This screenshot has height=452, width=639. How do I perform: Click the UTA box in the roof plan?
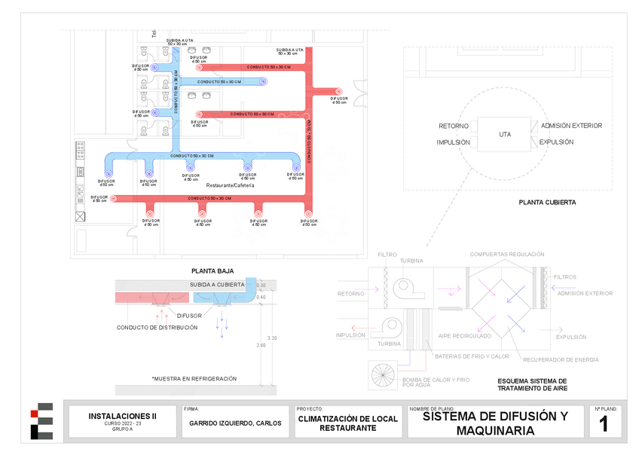coord(505,134)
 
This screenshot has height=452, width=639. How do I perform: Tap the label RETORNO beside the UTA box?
coord(454,126)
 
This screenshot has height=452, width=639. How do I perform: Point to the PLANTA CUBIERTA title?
coord(547,203)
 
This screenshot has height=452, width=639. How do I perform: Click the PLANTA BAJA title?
coord(212,270)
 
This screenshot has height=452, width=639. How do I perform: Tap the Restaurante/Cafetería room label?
coord(230,185)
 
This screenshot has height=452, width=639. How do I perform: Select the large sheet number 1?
coord(604,424)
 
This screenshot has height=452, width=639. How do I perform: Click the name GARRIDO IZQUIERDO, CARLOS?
coord(234,423)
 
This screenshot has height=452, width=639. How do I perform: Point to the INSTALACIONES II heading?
coord(123,415)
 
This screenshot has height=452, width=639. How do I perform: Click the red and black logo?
coord(41,422)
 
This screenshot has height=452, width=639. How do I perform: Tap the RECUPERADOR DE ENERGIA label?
coord(561,359)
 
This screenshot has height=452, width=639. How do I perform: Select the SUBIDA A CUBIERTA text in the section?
coord(217,285)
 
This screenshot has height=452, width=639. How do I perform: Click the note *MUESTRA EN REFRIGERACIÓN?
coord(194,378)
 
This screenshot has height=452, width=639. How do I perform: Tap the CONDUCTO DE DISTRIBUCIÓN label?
coord(157,328)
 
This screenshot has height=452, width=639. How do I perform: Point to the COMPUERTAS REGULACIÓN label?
coord(506,255)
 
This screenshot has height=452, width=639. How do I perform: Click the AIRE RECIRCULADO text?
coord(465,336)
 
